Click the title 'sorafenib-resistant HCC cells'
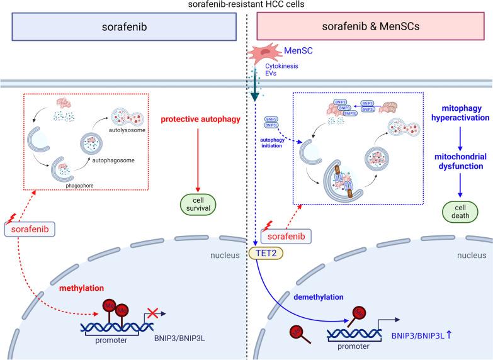pyautogui.click(x=246, y=5)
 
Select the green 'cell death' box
pyautogui.click(x=460, y=210)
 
